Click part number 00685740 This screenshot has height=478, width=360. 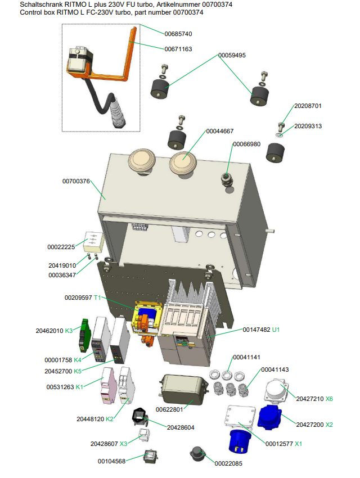pyautogui.click(x=178, y=34)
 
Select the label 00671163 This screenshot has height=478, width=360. pyautogui.click(x=178, y=49)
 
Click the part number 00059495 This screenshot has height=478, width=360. pyautogui.click(x=232, y=55)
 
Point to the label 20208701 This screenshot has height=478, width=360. pyautogui.click(x=308, y=106)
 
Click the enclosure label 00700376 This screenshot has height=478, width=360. pyautogui.click(x=76, y=181)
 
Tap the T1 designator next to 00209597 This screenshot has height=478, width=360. pyautogui.click(x=97, y=297)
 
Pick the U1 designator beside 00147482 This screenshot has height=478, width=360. pyautogui.click(x=276, y=330)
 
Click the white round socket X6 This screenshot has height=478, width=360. pyautogui.click(x=277, y=390)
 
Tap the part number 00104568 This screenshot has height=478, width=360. pyautogui.click(x=111, y=461)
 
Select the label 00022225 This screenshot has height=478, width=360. pyautogui.click(x=61, y=247)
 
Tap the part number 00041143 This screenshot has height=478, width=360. pyautogui.click(x=275, y=369)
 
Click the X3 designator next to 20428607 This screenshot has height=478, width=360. pyautogui.click(x=123, y=444)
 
